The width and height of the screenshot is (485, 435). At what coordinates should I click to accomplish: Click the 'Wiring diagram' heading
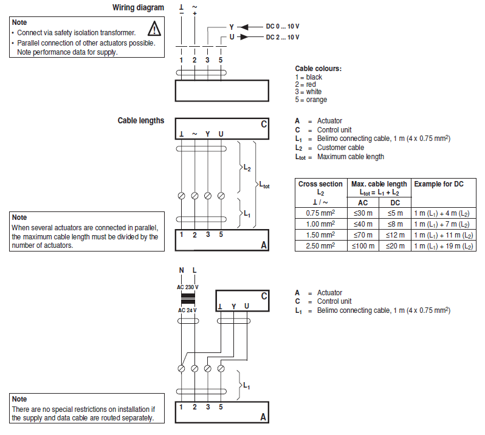point(138,7)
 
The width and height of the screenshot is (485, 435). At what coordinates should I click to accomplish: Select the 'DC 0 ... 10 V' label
point(283,27)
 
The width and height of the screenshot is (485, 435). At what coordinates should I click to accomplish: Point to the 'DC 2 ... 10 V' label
point(283,37)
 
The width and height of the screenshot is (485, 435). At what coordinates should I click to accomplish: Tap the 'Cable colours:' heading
point(318,69)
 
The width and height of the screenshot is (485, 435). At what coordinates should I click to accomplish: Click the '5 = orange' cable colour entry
point(311,100)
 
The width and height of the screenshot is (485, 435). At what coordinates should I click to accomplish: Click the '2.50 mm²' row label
point(320,245)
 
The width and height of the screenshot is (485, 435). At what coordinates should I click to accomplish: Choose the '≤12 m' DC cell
point(395,235)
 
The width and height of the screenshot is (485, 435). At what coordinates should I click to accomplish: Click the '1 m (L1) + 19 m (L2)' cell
point(443,245)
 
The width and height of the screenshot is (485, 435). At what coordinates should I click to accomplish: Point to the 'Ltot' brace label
point(264,185)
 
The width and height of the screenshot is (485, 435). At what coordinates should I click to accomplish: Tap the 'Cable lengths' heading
point(140,120)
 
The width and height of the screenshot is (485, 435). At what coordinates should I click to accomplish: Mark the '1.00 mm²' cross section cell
point(320,224)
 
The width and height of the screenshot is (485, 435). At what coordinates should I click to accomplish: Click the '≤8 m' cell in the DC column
point(395,224)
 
